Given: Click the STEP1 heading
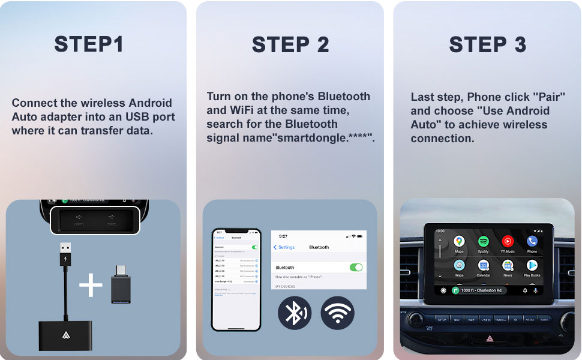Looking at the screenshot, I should (x=89, y=44).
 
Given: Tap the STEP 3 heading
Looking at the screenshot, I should (x=487, y=44).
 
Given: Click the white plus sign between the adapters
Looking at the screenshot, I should (x=91, y=286).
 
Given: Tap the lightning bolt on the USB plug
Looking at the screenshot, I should (x=65, y=260).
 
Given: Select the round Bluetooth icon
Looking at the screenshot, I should (x=294, y=313).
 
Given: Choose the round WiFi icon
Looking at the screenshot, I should (x=337, y=313).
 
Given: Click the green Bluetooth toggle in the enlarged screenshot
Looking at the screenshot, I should (x=356, y=267).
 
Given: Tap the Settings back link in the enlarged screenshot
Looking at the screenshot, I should (x=284, y=247).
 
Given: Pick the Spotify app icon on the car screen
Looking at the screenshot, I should (x=484, y=242).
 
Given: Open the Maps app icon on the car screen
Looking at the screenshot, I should (x=459, y=242).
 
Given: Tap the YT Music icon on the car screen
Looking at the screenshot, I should (x=508, y=242).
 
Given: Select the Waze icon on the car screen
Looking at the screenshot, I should (x=459, y=266).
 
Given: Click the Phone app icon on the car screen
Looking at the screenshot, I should (x=532, y=242).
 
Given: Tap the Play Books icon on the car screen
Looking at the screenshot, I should (x=532, y=266).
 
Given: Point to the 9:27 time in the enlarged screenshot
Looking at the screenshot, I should (x=283, y=236).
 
